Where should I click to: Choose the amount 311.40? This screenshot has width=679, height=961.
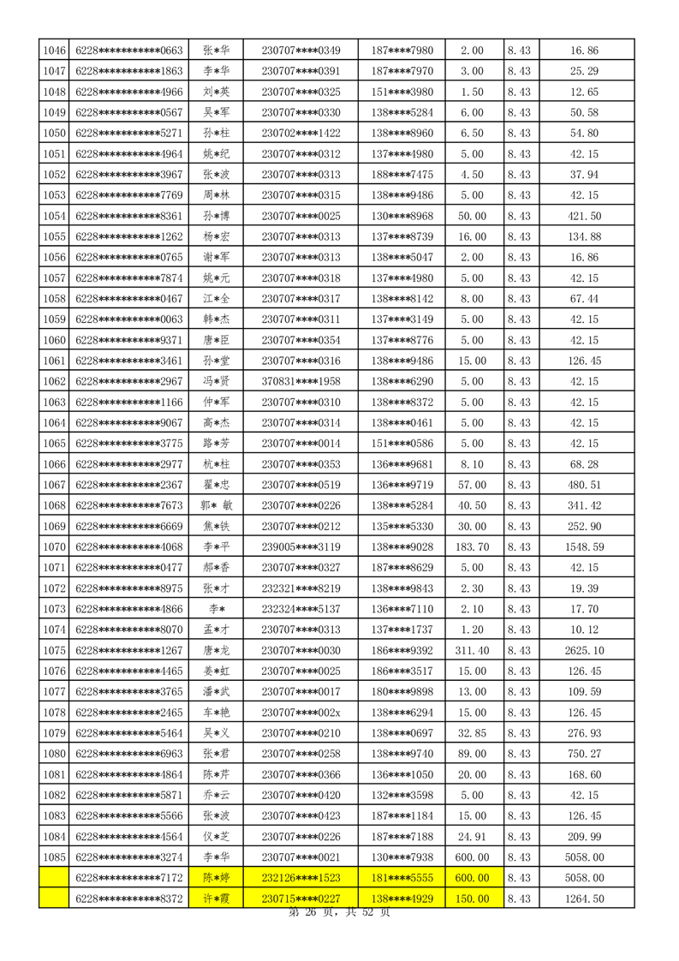coord(472,650)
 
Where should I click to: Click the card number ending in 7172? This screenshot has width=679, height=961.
coord(129,878)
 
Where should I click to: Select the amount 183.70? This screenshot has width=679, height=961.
coord(472,544)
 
